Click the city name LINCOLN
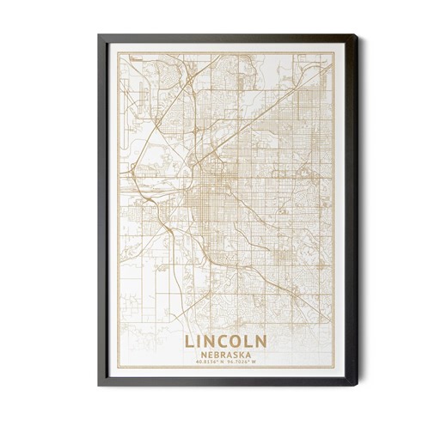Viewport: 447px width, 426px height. [224, 341]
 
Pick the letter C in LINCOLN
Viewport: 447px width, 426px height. [223, 341]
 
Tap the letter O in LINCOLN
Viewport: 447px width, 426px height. [237, 341]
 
